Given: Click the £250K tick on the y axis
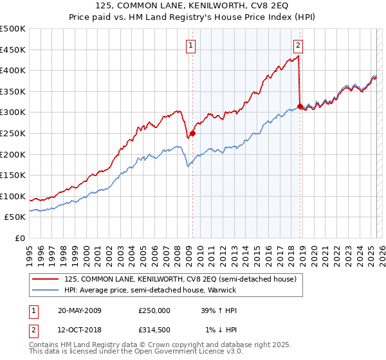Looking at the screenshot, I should click(x=13, y=133).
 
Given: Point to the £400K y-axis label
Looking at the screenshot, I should click(x=13, y=70).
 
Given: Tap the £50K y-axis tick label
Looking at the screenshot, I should click(x=15, y=217).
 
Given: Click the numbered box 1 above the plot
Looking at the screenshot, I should click(x=192, y=45).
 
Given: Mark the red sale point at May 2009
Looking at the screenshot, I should click(x=192, y=134).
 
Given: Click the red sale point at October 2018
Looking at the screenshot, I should click(x=300, y=106).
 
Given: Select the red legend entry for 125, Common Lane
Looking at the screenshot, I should click(x=180, y=279).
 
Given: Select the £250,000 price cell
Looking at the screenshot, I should click(x=154, y=310).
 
